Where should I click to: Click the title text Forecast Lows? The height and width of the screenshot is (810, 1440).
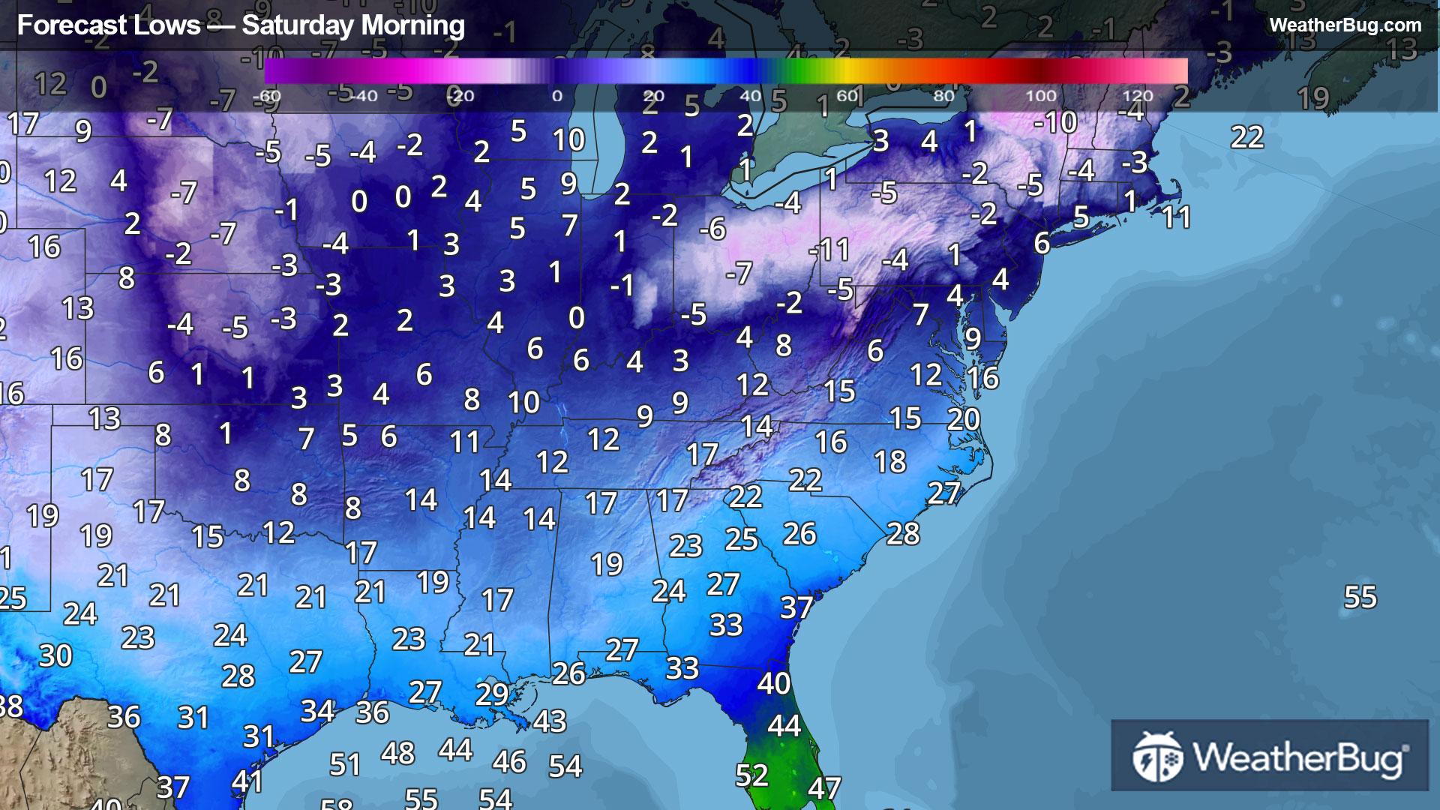tap(109, 25)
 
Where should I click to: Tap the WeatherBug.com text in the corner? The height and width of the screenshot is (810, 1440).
tap(1345, 25)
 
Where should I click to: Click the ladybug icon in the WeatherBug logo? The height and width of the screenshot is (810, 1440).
tap(1157, 756)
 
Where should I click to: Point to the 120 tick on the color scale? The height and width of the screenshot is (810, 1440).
tap(1137, 96)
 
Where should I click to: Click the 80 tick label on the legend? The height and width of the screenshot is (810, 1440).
tap(943, 96)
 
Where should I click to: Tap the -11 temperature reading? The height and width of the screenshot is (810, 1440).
tap(829, 250)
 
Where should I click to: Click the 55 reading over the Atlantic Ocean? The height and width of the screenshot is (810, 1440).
tap(1360, 598)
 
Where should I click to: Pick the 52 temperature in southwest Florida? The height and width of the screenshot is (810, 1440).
tap(751, 775)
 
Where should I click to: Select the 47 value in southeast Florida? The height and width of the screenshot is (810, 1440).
tap(823, 788)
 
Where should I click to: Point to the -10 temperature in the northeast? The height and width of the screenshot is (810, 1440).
tap(1055, 122)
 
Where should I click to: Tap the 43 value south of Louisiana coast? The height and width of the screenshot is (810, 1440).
tap(550, 721)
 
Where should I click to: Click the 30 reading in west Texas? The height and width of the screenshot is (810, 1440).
tap(55, 656)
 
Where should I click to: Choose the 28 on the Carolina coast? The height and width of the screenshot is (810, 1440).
tap(903, 534)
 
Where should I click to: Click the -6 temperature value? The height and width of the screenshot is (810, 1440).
tap(712, 229)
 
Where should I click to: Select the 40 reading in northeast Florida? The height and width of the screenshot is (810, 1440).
tap(773, 683)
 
